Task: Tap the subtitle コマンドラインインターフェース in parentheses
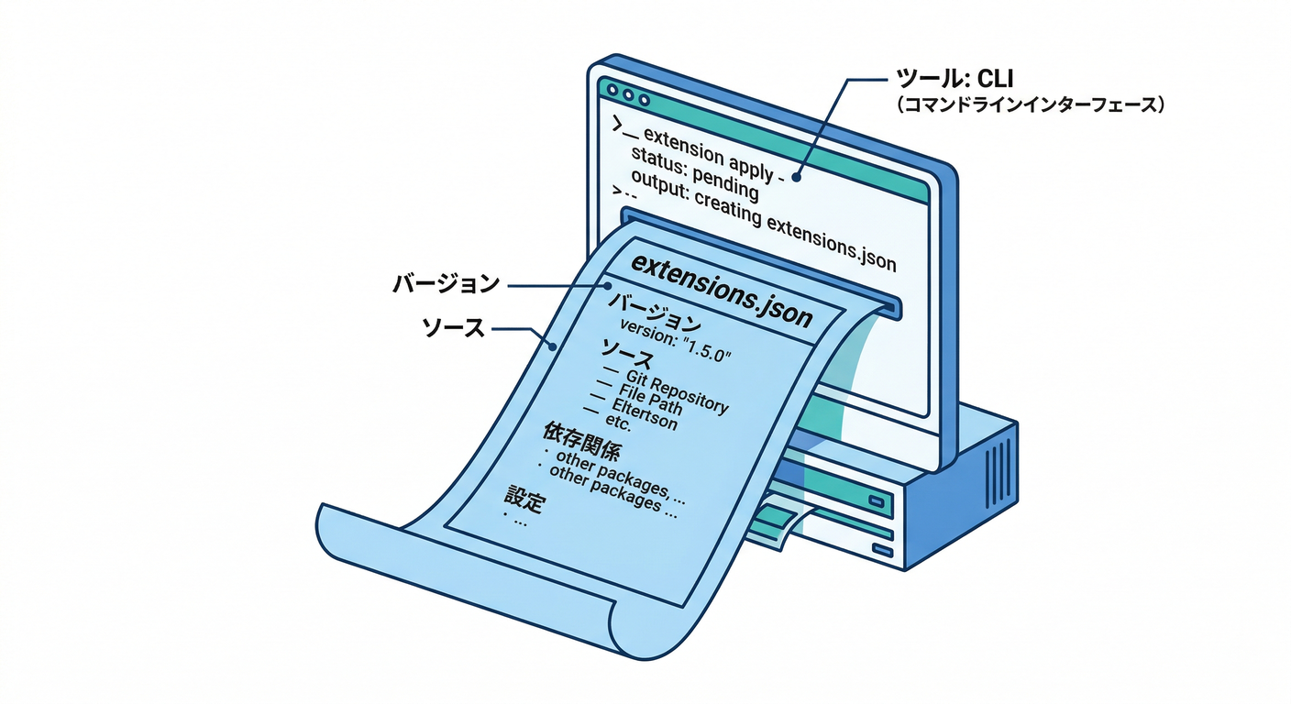(x=1031, y=106)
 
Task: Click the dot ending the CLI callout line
(x=797, y=177)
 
